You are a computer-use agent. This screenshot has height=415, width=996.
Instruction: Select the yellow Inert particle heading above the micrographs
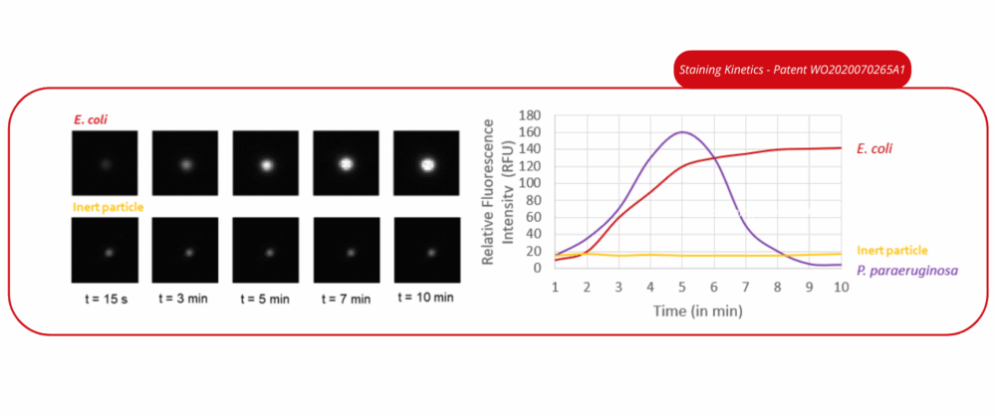[x=108, y=207]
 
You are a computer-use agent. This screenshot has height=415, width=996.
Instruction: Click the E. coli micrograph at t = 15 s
[x=105, y=163]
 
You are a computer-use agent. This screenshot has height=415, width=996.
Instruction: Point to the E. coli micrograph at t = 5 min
[x=266, y=163]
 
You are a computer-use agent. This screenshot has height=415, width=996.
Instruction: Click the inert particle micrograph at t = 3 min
[x=185, y=250]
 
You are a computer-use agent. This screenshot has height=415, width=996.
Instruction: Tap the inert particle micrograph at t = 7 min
[x=347, y=250]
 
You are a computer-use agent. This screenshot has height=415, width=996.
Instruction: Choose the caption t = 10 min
[x=425, y=297]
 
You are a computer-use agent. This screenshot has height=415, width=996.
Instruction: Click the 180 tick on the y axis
[x=529, y=115]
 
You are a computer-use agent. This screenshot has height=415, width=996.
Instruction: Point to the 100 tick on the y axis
[x=529, y=183]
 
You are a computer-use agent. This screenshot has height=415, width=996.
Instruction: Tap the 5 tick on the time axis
[x=682, y=287]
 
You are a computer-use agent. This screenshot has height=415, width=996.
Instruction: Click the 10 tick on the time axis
[x=841, y=287]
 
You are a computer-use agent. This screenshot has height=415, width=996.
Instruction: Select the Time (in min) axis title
[x=697, y=311]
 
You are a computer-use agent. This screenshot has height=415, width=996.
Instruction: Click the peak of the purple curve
[x=682, y=132]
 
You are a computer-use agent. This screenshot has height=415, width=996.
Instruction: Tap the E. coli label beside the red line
[x=874, y=149]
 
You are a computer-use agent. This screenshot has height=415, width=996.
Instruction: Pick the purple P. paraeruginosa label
[x=907, y=271]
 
